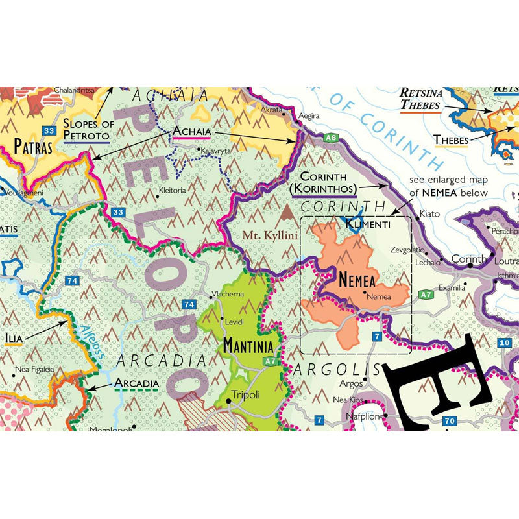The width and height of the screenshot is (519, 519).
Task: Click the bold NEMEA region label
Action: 357,280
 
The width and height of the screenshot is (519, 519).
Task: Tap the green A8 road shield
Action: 332,138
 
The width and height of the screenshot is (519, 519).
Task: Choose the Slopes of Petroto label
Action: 86,130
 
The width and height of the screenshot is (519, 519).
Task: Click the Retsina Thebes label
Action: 422,98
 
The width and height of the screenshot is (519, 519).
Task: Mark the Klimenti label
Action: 368,224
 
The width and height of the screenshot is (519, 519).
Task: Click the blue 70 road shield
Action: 450,421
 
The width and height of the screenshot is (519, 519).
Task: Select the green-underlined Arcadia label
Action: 136,383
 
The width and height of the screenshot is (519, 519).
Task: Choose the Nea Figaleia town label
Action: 36,370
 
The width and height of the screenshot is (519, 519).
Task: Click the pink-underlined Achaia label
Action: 190,131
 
